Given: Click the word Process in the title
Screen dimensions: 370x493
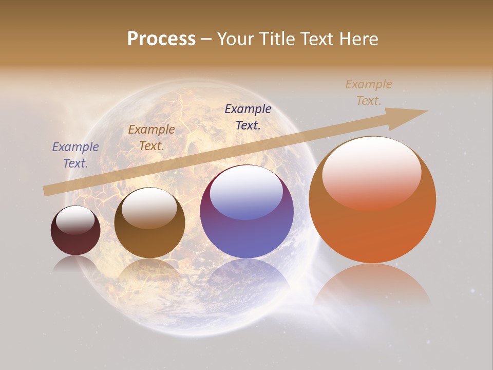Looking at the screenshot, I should point(161,39).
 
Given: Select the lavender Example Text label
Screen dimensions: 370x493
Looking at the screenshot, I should point(75,155).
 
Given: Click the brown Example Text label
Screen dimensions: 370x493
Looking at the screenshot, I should point(151,137).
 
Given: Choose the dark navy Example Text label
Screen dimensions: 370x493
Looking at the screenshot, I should point(248,117).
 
